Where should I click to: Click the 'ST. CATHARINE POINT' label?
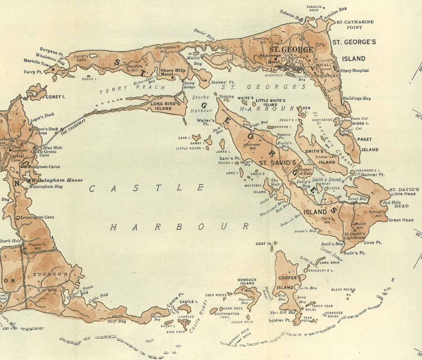[355, 25]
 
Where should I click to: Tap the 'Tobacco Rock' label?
[314, 8]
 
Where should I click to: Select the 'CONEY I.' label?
[55, 97]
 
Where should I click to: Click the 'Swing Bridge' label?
[189, 85]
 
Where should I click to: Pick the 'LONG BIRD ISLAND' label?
[163, 106]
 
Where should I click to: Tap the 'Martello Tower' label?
[38, 63]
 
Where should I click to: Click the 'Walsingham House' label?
[57, 180]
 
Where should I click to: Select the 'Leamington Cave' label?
[37, 217]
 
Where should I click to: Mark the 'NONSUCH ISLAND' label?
[247, 282]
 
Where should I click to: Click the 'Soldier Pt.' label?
[280, 320]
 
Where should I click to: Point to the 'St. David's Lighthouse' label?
[355, 236]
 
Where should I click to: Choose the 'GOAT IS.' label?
[264, 244]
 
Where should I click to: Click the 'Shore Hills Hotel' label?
[173, 72]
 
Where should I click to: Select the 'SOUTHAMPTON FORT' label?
[227, 315]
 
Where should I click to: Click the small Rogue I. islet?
[89, 76]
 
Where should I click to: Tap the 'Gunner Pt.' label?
[373, 175]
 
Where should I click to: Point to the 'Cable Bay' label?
[98, 298]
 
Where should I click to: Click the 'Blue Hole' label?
[52, 147]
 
